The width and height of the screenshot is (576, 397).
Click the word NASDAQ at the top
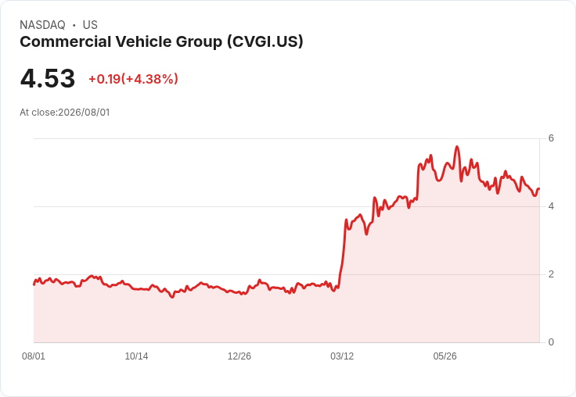pyautogui.click(x=42, y=25)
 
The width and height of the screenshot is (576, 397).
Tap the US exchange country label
pyautogui.click(x=90, y=25)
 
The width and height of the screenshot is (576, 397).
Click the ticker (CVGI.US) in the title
pyautogui.click(x=265, y=41)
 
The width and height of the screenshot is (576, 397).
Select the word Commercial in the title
pyautogui.click(x=66, y=41)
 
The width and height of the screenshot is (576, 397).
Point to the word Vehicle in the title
pyautogui.click(x=144, y=41)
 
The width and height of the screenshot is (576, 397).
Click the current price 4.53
pyautogui.click(x=48, y=78)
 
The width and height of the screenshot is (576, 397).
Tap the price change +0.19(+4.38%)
pyautogui.click(x=133, y=79)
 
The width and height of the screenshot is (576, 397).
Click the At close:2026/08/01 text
pyautogui.click(x=65, y=113)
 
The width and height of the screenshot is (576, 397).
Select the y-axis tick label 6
pyautogui.click(x=551, y=138)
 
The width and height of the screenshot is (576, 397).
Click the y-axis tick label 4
pyautogui.click(x=551, y=206)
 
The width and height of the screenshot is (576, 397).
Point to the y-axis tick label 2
pyautogui.click(x=551, y=274)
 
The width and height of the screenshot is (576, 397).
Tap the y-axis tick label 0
pyautogui.click(x=551, y=342)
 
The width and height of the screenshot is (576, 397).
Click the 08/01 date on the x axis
pyautogui.click(x=34, y=356)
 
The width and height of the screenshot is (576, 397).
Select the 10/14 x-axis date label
pyautogui.click(x=136, y=356)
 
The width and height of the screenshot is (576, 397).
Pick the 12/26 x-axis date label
pyautogui.click(x=239, y=356)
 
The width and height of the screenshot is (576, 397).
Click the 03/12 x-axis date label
pyautogui.click(x=342, y=356)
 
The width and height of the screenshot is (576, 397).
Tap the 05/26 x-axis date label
pyautogui.click(x=445, y=356)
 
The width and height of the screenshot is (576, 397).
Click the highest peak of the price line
pyautogui.click(x=457, y=147)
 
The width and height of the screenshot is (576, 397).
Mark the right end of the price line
pyautogui.click(x=539, y=188)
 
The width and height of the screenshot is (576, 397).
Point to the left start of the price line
pyautogui.click(x=34, y=284)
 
